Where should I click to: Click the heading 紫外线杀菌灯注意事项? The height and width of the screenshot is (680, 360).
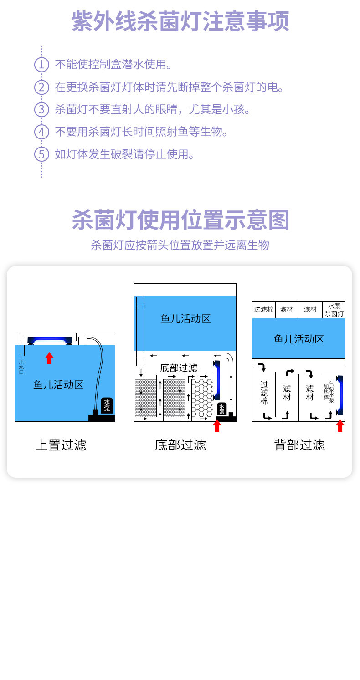[180, 21]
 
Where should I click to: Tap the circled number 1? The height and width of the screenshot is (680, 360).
[41, 64]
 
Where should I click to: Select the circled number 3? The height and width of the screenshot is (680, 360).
[41, 109]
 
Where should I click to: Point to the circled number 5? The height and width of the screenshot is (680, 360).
[41, 154]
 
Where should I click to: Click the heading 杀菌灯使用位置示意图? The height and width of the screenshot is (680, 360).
[180, 220]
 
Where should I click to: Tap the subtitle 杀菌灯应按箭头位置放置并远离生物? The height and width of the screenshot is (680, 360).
[180, 245]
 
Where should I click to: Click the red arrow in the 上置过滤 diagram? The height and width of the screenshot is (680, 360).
[49, 358]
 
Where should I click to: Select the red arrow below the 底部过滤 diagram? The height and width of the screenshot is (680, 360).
[217, 425]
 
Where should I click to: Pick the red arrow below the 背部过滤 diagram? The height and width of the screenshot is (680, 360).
[339, 425]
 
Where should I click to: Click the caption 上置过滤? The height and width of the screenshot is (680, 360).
[61, 445]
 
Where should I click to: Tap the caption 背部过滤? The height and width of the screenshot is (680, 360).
[299, 445]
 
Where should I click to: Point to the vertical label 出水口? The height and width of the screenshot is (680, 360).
[21, 367]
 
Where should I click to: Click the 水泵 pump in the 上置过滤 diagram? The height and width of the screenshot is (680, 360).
[107, 405]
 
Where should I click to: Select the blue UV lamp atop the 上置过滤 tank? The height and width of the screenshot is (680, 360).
[50, 340]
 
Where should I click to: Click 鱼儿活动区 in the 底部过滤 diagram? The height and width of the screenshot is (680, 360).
[185, 318]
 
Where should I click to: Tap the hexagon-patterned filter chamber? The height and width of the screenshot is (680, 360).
[202, 396]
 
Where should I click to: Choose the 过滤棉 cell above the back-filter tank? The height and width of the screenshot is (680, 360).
[264, 310]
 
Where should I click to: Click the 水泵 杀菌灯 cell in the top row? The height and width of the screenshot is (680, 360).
[334, 310]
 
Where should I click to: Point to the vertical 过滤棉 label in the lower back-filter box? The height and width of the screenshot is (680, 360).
[264, 393]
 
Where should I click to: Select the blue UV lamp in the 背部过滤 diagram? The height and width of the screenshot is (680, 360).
[339, 394]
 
